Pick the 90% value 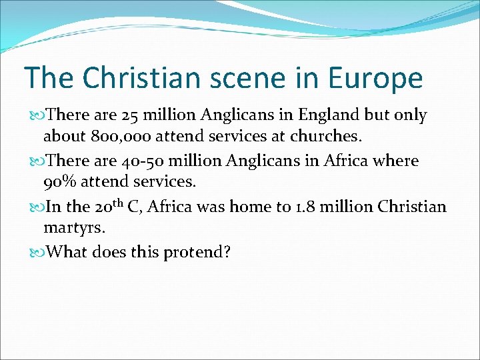tap(60, 182)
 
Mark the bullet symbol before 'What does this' tap(37, 252)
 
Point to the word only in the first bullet tap(409, 115)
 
